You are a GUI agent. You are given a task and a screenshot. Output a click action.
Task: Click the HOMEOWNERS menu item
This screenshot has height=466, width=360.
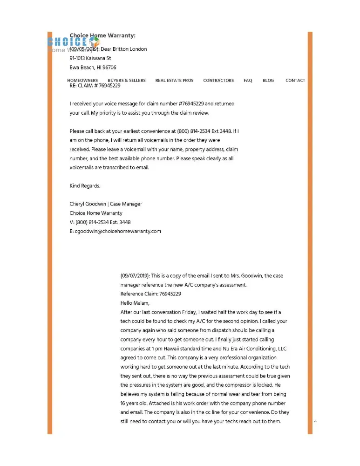click(x=82, y=81)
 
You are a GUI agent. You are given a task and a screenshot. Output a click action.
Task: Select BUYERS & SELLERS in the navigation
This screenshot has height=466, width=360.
click(x=126, y=81)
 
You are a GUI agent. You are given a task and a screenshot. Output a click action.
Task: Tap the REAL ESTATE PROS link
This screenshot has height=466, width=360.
click(x=174, y=81)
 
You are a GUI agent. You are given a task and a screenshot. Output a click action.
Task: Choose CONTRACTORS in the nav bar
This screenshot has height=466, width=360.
click(x=218, y=81)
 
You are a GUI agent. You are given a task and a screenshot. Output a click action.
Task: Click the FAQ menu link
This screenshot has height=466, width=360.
click(x=248, y=81)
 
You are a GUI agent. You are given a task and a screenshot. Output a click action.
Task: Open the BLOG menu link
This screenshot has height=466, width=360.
click(x=268, y=81)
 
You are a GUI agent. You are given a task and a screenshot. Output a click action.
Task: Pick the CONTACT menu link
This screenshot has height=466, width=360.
click(x=295, y=81)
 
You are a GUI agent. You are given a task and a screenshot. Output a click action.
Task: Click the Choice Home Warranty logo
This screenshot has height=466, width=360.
click(x=73, y=43)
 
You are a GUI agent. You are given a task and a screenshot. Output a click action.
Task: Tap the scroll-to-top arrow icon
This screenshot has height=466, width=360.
click(x=315, y=421)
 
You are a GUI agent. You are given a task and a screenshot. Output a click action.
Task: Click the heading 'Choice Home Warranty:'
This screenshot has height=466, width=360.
click(x=102, y=35)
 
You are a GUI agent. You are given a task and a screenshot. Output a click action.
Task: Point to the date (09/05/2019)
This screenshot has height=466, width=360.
click(x=84, y=49)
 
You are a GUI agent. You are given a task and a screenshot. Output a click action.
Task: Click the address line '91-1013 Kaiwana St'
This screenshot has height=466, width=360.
click(x=90, y=58)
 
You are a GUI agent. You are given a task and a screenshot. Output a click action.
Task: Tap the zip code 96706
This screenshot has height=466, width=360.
click(x=109, y=68)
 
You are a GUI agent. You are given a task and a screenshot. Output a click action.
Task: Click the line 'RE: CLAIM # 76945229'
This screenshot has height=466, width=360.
click(x=95, y=86)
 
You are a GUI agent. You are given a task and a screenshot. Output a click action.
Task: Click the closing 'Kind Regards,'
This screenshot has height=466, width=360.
click(x=85, y=186)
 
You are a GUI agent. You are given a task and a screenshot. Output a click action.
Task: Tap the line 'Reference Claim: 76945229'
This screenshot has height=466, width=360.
click(x=150, y=294)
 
